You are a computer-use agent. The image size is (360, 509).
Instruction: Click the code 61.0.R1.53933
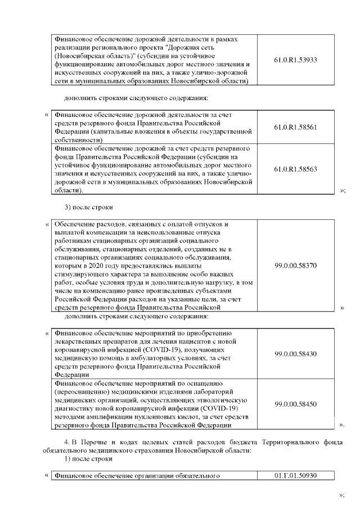296,59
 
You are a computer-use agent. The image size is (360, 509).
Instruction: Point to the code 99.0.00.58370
296,264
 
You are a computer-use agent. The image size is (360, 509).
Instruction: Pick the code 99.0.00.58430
296,353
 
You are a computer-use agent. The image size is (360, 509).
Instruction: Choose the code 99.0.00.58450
296,403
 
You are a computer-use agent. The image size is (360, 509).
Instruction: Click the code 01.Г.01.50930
296,476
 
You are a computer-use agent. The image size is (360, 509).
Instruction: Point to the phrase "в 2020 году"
102,264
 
